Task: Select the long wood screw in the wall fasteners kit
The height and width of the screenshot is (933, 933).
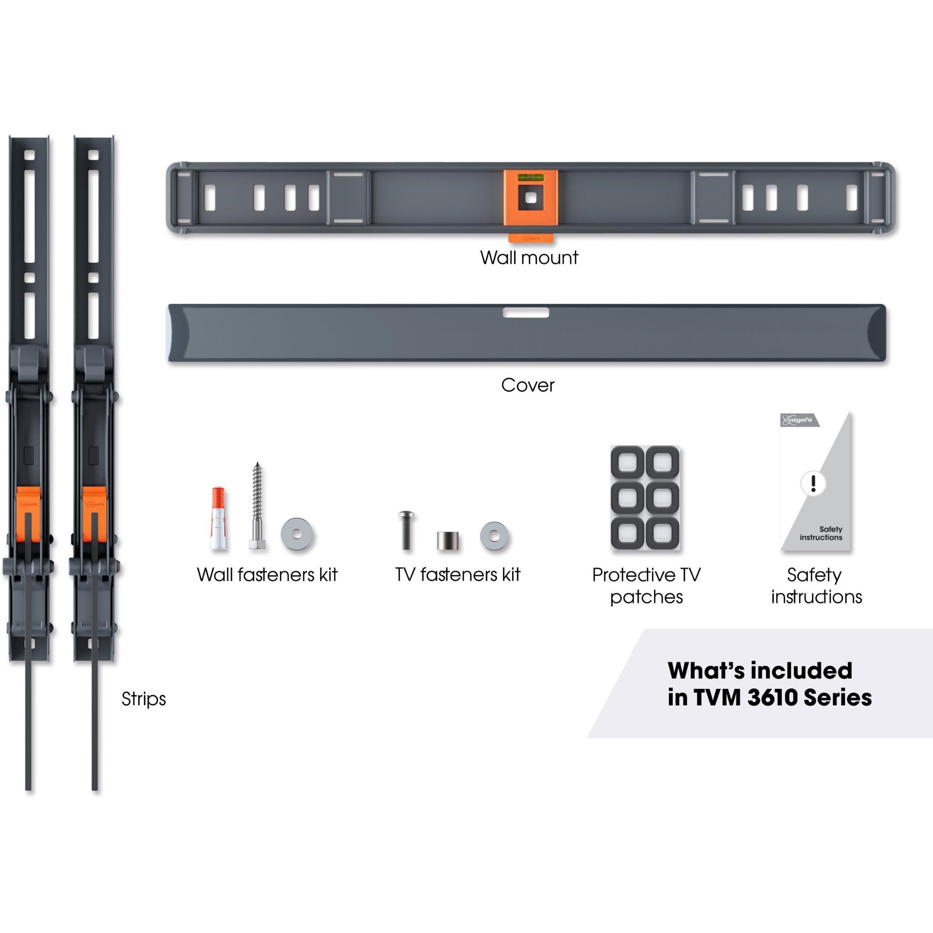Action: pyautogui.click(x=257, y=506)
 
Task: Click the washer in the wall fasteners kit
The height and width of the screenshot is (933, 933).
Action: pyautogui.click(x=297, y=534)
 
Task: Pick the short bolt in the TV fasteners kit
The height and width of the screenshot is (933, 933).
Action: pyautogui.click(x=406, y=530)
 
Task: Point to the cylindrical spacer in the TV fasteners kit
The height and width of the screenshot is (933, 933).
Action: pyautogui.click(x=448, y=541)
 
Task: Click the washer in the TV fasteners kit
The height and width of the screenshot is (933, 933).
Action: pyautogui.click(x=494, y=536)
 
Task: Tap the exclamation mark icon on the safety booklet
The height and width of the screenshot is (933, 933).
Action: pyautogui.click(x=813, y=483)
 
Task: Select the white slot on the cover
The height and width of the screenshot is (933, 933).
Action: pyautogui.click(x=526, y=313)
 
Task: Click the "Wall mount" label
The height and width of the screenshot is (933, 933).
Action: pyautogui.click(x=529, y=257)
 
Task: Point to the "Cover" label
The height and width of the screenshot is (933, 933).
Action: pyautogui.click(x=528, y=385)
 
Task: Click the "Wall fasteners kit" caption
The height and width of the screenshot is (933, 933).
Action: pyautogui.click(x=267, y=574)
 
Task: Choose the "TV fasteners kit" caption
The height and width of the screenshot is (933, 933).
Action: pyautogui.click(x=458, y=574)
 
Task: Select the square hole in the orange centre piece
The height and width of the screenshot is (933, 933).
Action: pyautogui.click(x=530, y=198)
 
